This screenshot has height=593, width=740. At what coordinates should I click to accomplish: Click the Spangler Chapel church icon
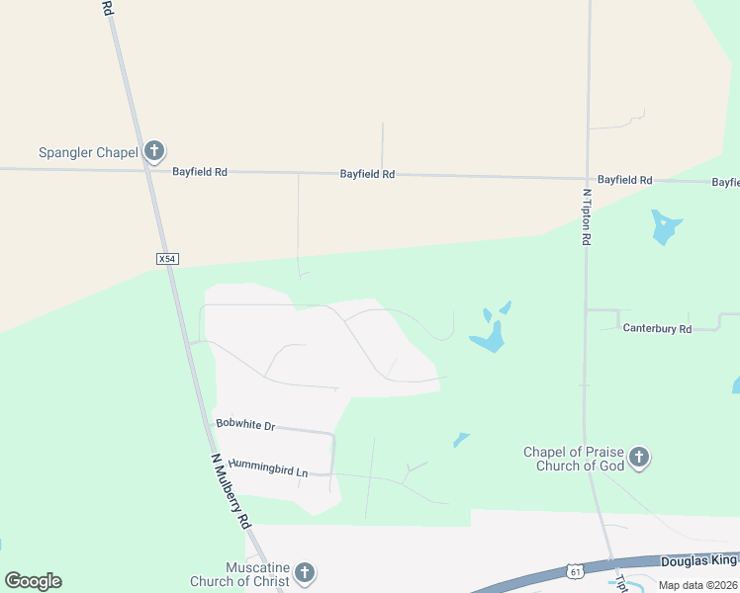tap(153, 151)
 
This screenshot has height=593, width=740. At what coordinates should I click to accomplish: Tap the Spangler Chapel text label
tap(88, 152)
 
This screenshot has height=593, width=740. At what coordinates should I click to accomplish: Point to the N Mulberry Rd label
tap(231, 492)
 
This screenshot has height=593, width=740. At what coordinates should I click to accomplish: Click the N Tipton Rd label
tap(587, 217)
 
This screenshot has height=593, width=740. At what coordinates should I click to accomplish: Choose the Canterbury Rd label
tap(657, 328)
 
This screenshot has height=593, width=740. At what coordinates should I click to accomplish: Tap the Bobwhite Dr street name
tap(244, 425)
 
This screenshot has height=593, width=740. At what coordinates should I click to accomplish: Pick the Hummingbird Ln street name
tap(267, 466)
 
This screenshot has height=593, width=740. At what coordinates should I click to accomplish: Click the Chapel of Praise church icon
tap(639, 458)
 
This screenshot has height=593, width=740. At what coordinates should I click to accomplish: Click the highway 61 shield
tap(576, 571)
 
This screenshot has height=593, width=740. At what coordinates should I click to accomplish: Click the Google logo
tap(33, 581)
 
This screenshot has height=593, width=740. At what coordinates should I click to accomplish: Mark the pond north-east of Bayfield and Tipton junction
tap(665, 227)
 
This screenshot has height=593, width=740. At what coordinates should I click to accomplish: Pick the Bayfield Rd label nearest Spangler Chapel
tap(200, 172)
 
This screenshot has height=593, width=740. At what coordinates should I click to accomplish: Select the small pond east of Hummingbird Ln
tap(460, 439)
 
